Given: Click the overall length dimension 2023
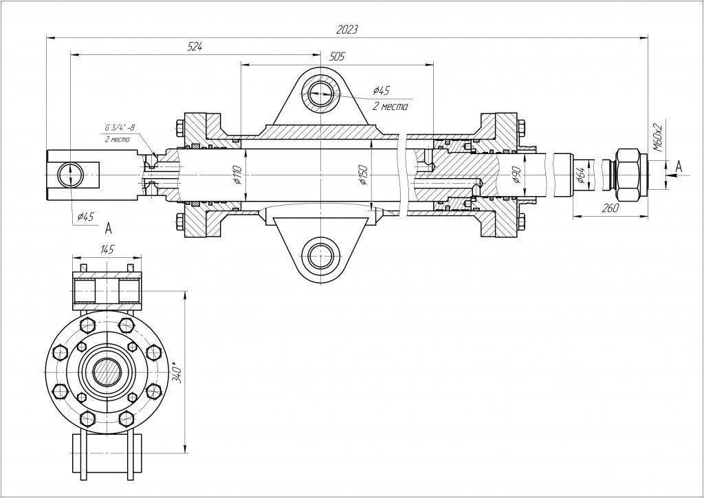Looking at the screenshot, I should [x=347, y=30].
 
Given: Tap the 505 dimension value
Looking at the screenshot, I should [x=336, y=56].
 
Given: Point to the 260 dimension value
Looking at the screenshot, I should [x=610, y=208].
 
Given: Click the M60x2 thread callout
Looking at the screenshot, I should [x=657, y=137].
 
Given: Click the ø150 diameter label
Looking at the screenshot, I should [x=364, y=176].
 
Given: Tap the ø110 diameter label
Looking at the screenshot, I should [x=237, y=176].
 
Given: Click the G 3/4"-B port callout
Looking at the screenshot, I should [x=120, y=128].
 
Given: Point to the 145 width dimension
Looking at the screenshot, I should [x=107, y=249].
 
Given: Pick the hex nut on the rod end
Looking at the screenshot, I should [x=627, y=169].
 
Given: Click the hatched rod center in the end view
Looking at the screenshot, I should [x=107, y=372].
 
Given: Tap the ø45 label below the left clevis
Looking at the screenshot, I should [x=84, y=217].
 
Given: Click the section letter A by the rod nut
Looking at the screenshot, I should [x=679, y=166].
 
